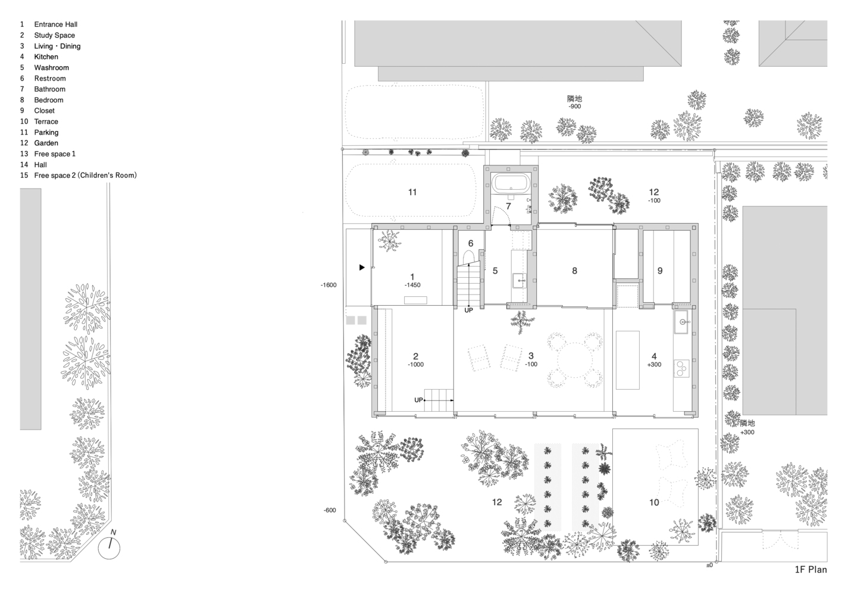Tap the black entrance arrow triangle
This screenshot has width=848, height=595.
[x=362, y=268]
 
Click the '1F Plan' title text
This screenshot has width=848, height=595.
[x=811, y=569]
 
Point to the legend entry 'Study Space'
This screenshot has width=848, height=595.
[x=55, y=35]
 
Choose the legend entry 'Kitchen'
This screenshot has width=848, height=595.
[x=46, y=57]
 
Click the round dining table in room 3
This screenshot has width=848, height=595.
[x=575, y=360]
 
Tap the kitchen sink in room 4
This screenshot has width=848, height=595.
[x=683, y=322]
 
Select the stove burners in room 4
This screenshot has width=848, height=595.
[x=681, y=368]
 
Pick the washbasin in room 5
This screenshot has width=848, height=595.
[x=520, y=281]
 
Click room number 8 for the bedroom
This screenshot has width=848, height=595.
[x=574, y=271]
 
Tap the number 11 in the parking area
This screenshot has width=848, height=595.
[x=412, y=192]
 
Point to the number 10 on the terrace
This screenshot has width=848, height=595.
[x=654, y=502]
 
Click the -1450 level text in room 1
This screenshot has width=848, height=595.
[x=412, y=285]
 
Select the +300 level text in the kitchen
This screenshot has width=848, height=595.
[x=654, y=365]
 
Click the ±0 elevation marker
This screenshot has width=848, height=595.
[x=709, y=565]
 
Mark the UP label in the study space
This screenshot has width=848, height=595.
[x=418, y=400]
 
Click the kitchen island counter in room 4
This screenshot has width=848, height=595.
[x=628, y=360]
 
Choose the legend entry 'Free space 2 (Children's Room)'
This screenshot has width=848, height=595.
[x=86, y=176]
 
